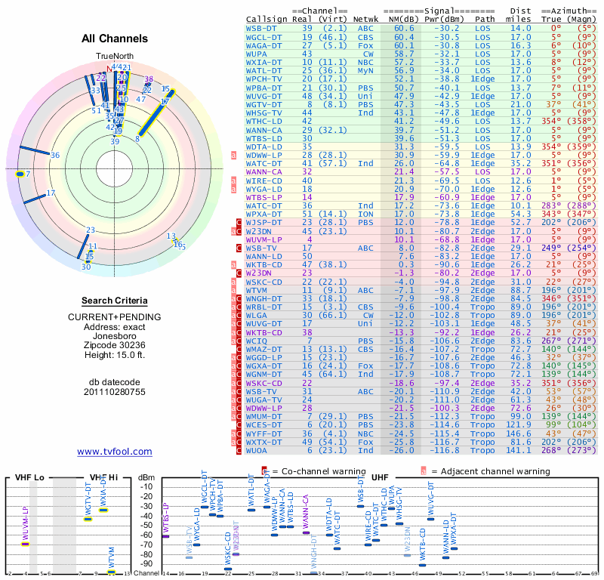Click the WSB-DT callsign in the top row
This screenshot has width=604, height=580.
click(x=260, y=28)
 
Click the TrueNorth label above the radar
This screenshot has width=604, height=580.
click(x=114, y=57)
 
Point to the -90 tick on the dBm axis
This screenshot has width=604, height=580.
click(x=146, y=563)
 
